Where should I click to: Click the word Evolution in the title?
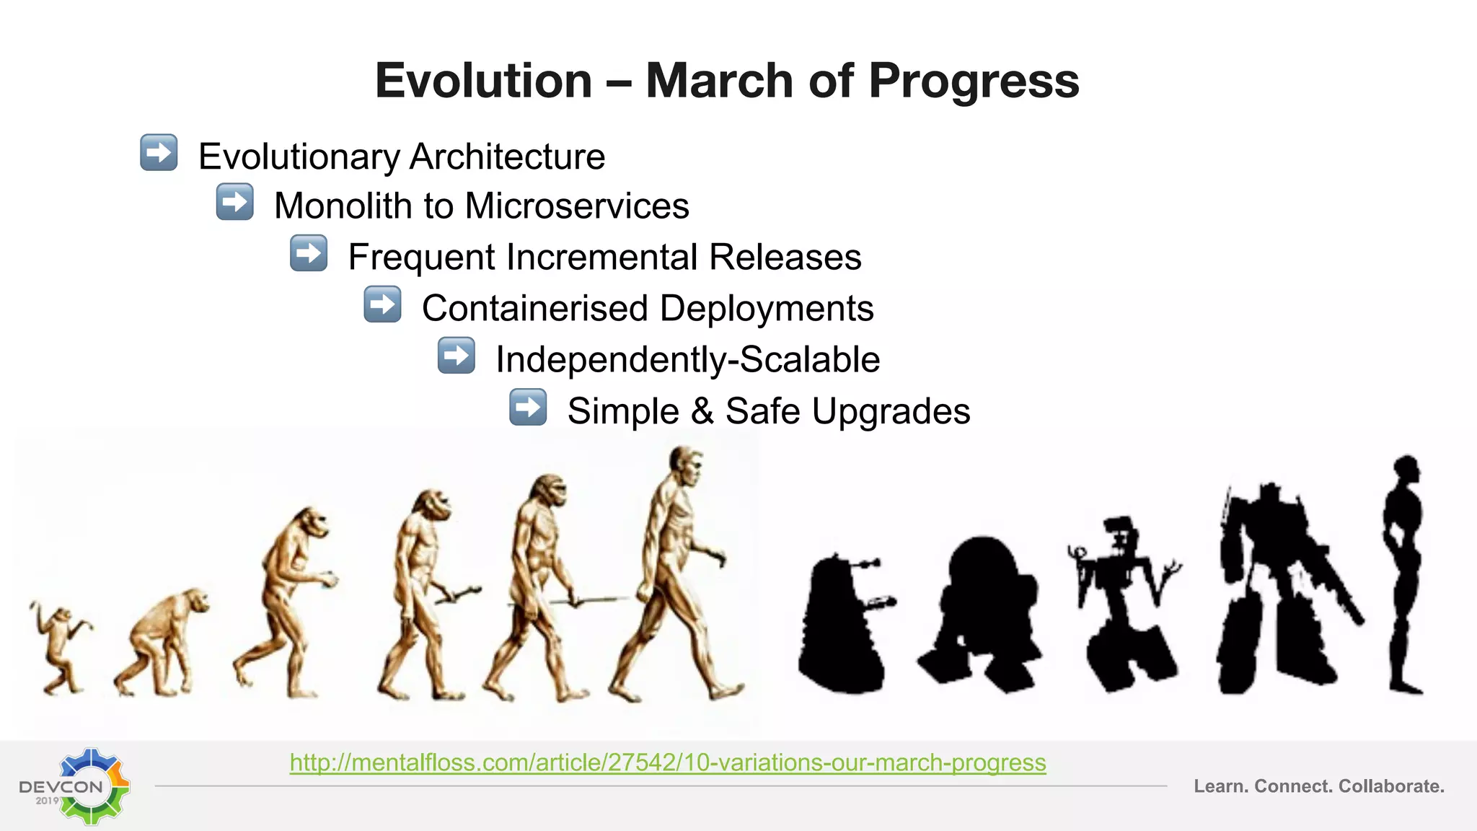click(x=483, y=80)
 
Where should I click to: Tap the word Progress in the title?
click(x=974, y=80)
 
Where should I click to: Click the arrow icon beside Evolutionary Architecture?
click(x=159, y=152)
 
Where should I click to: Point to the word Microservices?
click(x=577, y=206)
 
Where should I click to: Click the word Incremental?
click(x=603, y=257)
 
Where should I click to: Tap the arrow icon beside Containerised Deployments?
click(x=382, y=304)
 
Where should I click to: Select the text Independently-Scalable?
click(x=687, y=359)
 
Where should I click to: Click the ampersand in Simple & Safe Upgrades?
click(x=702, y=411)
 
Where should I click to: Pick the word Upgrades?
click(x=891, y=411)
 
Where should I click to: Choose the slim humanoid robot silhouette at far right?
click(x=1404, y=570)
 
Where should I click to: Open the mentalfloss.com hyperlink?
click(x=667, y=762)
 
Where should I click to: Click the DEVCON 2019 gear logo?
click(x=79, y=786)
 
